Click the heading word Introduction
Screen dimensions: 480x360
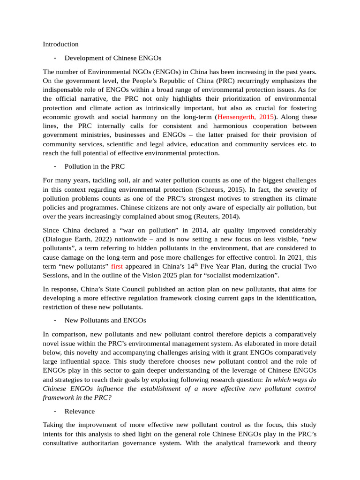click(60, 44)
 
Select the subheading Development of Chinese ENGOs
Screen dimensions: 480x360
click(112, 58)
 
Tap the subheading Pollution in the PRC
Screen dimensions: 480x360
click(94, 166)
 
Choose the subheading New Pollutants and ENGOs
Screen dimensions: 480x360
click(105, 320)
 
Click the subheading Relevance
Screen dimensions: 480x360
click(79, 411)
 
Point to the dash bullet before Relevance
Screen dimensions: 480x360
click(55, 411)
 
